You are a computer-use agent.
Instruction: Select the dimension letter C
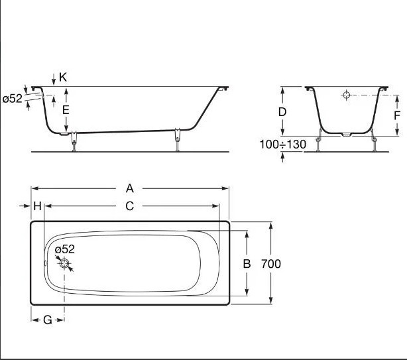tap(129, 206)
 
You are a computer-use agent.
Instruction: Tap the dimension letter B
tap(247, 264)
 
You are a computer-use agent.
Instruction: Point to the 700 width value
tap(271, 264)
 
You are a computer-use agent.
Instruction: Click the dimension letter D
tap(282, 112)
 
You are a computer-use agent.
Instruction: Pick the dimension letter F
tap(396, 114)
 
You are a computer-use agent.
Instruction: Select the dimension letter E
tap(66, 110)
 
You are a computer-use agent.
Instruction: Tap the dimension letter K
tap(63, 77)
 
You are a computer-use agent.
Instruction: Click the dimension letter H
tap(38, 206)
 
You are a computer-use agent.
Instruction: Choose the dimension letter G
tap(48, 320)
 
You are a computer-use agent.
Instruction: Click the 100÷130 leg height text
tap(283, 144)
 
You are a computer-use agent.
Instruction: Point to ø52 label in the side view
tap(12, 99)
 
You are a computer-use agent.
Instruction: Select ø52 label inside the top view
tap(64, 249)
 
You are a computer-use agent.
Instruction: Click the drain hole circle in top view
tap(65, 264)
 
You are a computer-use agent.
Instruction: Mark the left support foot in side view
tap(74, 141)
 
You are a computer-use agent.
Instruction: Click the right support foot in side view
tap(177, 139)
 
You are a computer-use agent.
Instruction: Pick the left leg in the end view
tap(321, 141)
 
